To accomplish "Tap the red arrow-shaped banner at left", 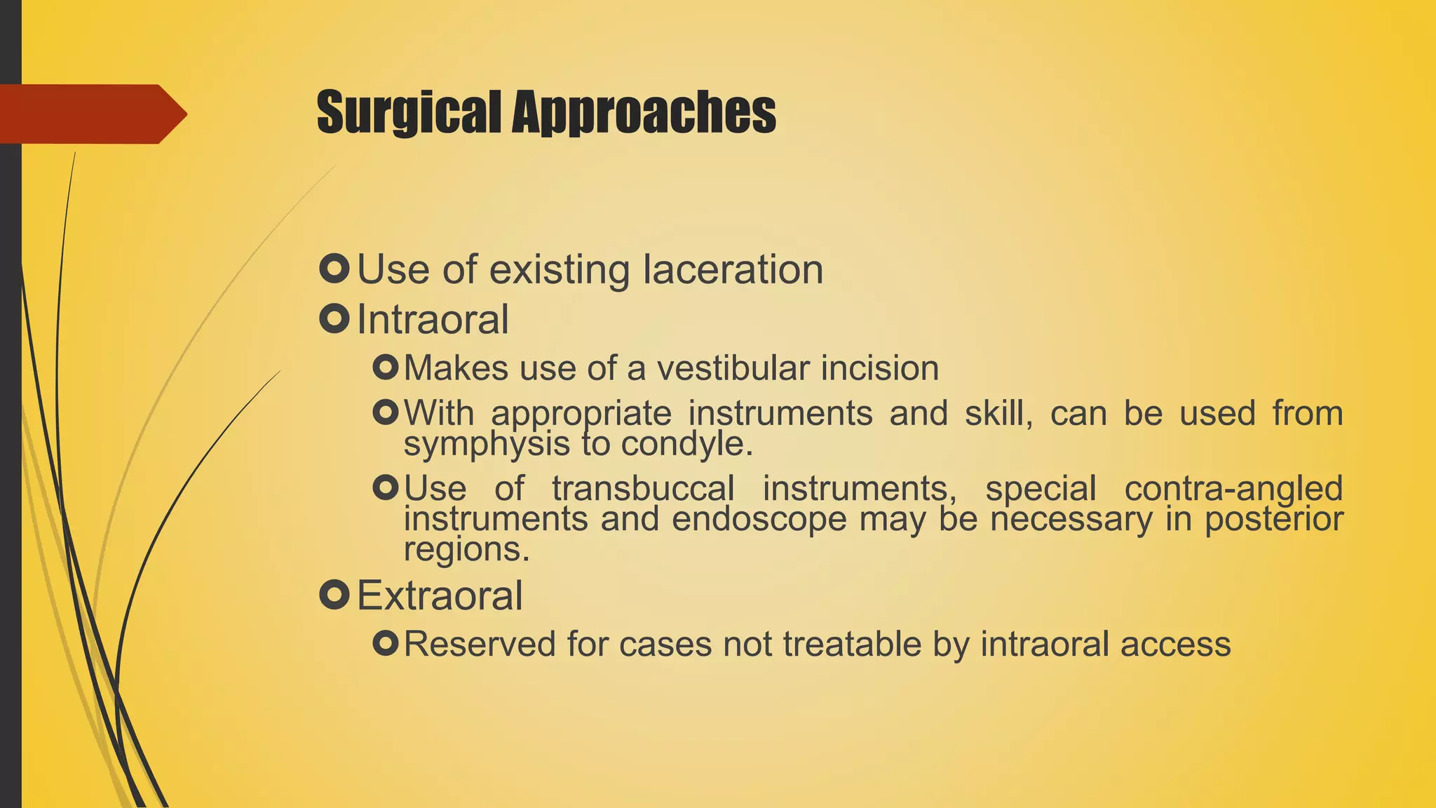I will (x=91, y=114).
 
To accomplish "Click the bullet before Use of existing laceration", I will (x=334, y=269).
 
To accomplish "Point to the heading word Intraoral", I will (x=433, y=320).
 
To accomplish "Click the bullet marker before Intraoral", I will (x=334, y=319).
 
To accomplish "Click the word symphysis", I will (x=487, y=443).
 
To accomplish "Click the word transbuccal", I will (x=643, y=488).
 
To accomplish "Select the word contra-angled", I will (x=1233, y=488).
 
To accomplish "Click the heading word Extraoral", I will (x=440, y=596).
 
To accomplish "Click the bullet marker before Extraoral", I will (x=334, y=595).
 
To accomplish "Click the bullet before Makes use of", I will (x=386, y=368).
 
